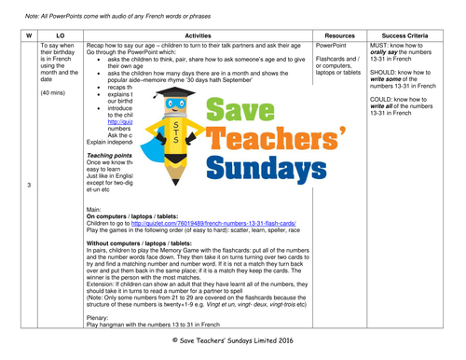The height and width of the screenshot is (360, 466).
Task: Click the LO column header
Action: coord(60,34)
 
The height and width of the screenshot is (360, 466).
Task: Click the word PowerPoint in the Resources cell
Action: coord(336,44)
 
